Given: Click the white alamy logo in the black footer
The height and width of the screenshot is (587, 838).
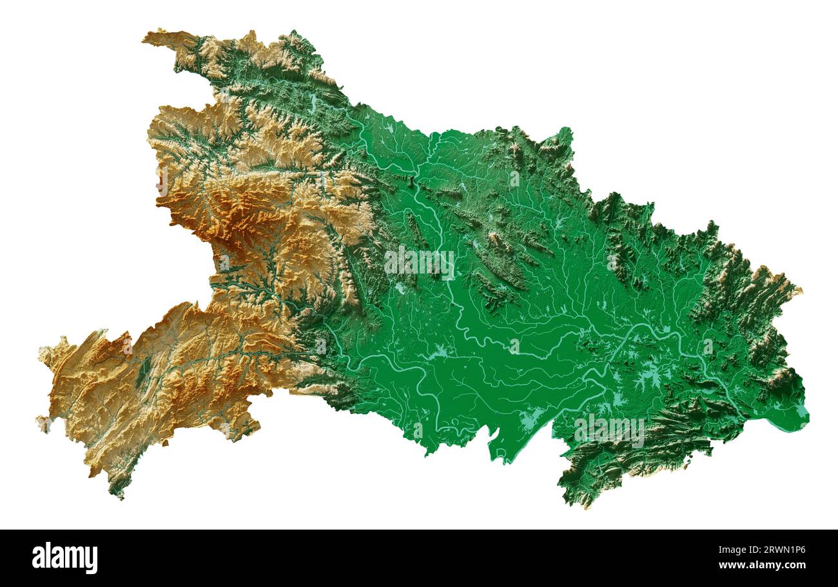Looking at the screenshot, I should pos(64,558).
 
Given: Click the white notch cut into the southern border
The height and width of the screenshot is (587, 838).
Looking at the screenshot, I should pos(495,439).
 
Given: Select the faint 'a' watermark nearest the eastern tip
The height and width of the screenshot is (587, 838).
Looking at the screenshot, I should pos(708,346).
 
